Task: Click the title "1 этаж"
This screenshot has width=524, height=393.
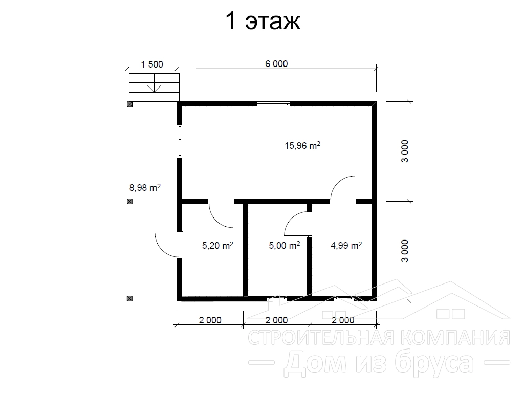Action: tap(263, 21)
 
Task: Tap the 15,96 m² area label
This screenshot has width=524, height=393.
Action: tap(302, 146)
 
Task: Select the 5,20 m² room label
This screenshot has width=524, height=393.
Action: tap(217, 246)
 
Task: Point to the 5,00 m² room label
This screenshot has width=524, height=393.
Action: tap(285, 246)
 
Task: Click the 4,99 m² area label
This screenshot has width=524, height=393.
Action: tap(346, 246)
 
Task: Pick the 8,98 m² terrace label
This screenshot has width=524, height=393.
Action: tap(145, 187)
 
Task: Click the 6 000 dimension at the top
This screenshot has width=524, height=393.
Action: tap(276, 64)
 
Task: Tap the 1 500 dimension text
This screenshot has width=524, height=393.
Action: tap(152, 64)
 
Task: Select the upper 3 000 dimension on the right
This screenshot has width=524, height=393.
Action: tap(405, 151)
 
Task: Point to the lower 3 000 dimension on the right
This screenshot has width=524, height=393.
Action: tap(405, 251)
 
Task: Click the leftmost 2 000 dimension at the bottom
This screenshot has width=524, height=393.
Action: tap(210, 320)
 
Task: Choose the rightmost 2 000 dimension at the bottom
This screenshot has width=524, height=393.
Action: tap(343, 320)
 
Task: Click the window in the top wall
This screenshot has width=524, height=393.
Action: tap(273, 104)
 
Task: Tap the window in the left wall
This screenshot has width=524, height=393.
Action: tap(180, 141)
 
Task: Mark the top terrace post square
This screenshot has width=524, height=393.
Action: tap(129, 104)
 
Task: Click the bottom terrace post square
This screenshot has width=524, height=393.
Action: tap(129, 298)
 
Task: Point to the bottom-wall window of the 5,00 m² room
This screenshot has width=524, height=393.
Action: tap(277, 299)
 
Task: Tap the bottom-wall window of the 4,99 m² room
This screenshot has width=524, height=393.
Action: tap(344, 299)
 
